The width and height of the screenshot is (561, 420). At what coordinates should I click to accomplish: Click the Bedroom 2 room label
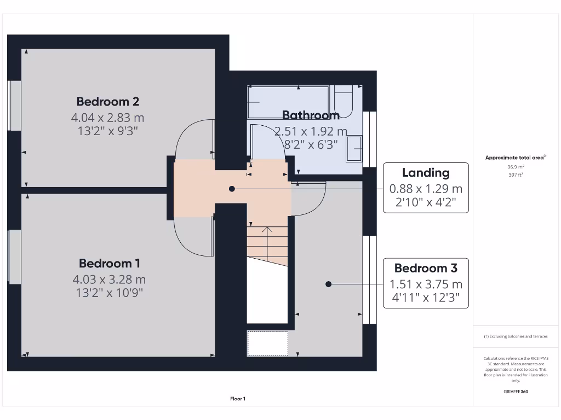[107, 101]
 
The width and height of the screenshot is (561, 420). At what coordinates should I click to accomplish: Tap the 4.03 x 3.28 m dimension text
[109, 279]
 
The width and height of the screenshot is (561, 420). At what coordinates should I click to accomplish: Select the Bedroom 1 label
[109, 263]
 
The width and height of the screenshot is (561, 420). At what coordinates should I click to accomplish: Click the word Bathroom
[311, 115]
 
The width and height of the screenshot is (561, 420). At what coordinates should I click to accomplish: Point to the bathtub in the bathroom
[288, 102]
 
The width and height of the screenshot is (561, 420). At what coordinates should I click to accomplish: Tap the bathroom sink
[354, 149]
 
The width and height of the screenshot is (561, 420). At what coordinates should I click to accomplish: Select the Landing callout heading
[426, 173]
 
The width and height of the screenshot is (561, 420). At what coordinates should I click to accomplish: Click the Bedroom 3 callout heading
[426, 268]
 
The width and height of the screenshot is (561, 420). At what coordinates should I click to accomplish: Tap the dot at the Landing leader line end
[232, 189]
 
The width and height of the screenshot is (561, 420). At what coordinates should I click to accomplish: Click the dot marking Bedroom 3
[329, 284]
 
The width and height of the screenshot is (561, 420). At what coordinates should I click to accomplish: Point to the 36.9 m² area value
[516, 167]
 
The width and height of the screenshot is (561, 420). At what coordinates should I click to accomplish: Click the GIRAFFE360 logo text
[516, 392]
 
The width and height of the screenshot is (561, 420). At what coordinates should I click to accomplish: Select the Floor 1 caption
[237, 399]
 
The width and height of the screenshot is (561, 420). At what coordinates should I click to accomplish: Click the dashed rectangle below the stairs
[267, 343]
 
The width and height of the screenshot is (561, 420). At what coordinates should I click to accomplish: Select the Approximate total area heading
[515, 157]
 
